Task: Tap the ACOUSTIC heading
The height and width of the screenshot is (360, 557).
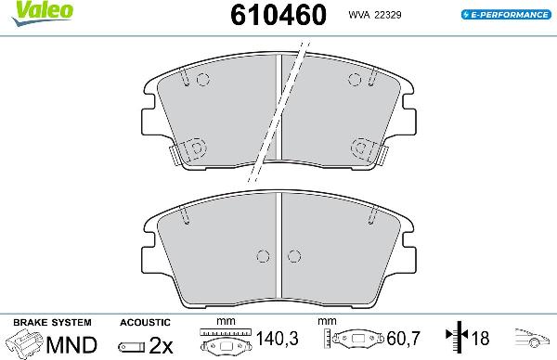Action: click(144, 322)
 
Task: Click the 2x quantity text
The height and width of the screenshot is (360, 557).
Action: click(162, 345)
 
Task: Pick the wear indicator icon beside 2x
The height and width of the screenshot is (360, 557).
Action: click(132, 346)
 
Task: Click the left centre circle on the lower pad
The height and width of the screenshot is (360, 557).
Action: click(264, 256)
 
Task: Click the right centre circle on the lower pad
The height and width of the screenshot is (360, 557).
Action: click(294, 256)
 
